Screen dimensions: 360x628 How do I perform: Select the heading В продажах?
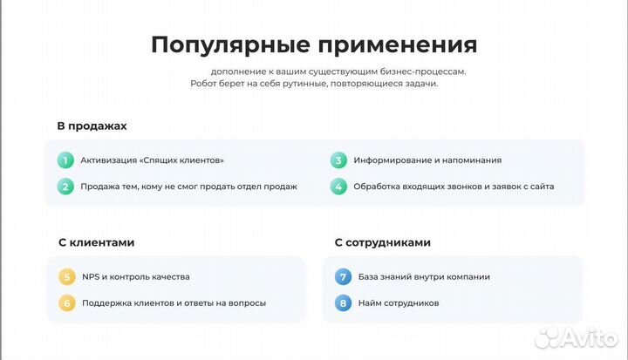coord(92,126)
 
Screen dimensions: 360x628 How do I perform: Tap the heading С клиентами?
coord(96,242)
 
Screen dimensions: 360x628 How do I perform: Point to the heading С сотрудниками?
coord(382,242)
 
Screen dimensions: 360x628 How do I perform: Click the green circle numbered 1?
coord(65,160)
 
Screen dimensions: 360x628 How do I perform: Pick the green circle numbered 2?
coord(65,187)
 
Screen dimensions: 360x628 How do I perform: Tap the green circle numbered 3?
coord(338,160)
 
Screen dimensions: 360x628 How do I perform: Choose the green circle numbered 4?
coord(338,187)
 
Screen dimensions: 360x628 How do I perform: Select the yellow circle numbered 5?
coord(66,277)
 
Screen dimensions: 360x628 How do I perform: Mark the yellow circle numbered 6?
coord(66,303)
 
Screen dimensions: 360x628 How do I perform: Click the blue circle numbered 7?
coord(343,277)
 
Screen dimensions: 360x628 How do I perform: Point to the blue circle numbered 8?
coord(343,303)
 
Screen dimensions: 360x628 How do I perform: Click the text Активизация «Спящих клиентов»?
coord(152,160)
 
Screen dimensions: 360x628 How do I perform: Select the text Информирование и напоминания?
coord(427,160)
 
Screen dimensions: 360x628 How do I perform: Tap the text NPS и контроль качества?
coord(135,277)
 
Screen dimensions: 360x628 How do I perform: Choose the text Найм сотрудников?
coord(398,303)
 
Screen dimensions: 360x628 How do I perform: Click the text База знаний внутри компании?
coord(423,277)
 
